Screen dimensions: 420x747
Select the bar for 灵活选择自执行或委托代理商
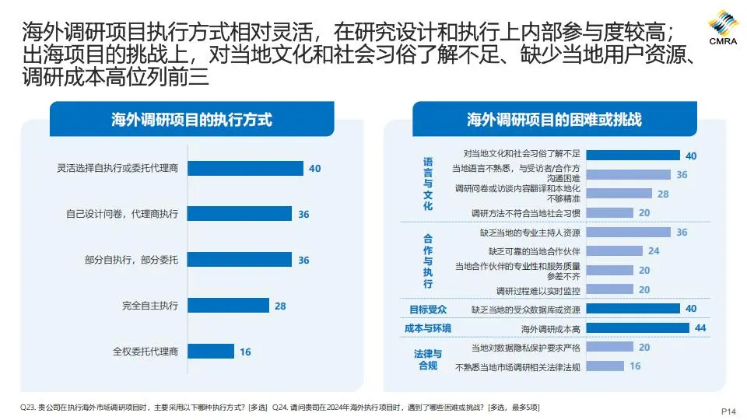click(x=245, y=168)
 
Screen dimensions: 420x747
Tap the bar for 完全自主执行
click(x=228, y=306)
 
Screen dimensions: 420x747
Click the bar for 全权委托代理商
click(x=210, y=352)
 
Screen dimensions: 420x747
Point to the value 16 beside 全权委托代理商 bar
click(x=245, y=352)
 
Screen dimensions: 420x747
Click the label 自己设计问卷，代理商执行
click(x=122, y=214)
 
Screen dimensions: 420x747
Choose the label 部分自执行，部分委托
click(x=132, y=260)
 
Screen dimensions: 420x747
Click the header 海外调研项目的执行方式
click(x=191, y=120)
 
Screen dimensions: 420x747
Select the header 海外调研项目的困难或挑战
click(x=554, y=120)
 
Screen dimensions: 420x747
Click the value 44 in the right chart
click(x=700, y=328)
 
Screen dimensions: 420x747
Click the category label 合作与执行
click(x=428, y=261)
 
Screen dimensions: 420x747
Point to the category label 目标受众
click(x=428, y=310)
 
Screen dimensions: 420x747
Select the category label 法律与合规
click(x=428, y=359)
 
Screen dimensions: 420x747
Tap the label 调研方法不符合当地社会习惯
click(x=526, y=212)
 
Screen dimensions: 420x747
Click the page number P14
click(x=728, y=411)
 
